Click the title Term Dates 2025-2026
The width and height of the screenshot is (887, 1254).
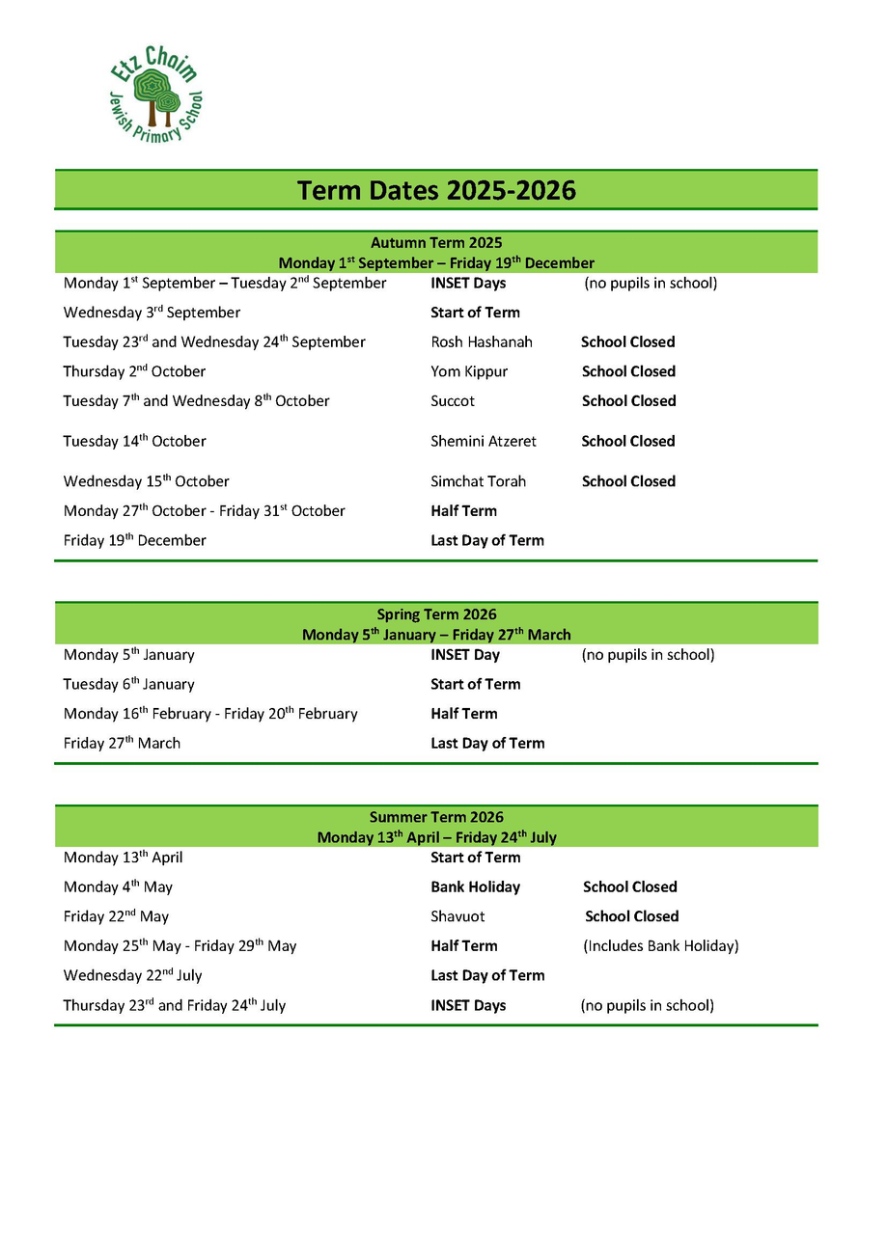click(x=436, y=190)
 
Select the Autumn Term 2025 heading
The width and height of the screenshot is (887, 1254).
click(x=436, y=243)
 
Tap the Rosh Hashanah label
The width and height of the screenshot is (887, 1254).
click(x=481, y=342)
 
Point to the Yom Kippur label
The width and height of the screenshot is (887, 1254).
click(x=468, y=371)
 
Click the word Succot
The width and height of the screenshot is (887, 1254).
click(x=453, y=401)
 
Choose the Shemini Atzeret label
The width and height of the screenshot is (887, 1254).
click(x=483, y=442)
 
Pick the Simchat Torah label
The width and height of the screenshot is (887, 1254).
click(x=478, y=481)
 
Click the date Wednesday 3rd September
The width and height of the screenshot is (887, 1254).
click(x=152, y=313)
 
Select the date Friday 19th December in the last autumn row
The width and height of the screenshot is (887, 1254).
click(x=134, y=541)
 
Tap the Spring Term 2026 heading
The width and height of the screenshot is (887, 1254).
click(x=436, y=614)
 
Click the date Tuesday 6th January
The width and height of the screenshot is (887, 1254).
click(x=128, y=685)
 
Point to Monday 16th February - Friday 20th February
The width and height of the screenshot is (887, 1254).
click(x=210, y=714)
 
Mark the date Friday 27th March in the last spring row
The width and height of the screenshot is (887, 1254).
click(x=122, y=744)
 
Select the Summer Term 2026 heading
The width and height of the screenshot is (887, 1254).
click(x=436, y=817)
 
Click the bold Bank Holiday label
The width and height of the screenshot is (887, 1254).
click(x=475, y=887)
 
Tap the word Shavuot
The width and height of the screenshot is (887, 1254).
click(x=457, y=917)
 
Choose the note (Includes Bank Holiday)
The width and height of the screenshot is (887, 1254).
click(x=660, y=946)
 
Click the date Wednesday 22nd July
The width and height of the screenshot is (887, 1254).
click(x=132, y=976)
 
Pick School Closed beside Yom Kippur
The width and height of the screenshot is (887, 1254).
click(x=628, y=371)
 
